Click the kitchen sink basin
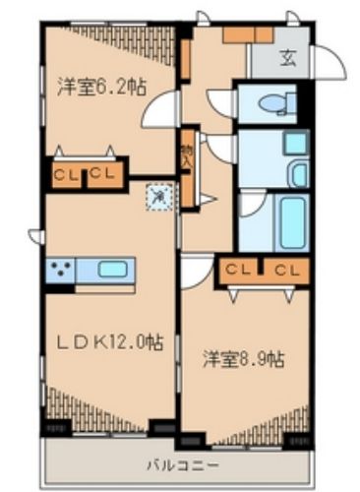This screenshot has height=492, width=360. (x=110, y=268)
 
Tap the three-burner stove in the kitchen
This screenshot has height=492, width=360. (x=61, y=268)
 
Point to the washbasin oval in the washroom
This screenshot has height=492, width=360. (x=294, y=144)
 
